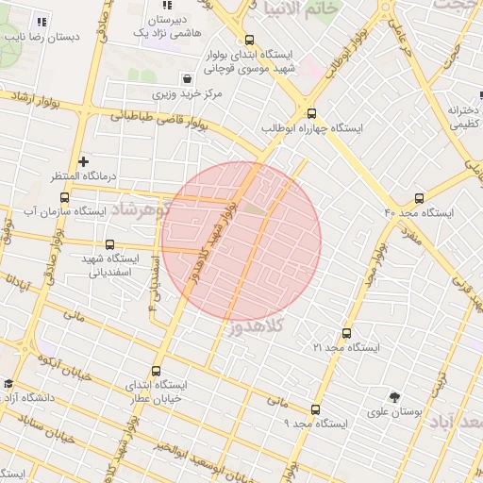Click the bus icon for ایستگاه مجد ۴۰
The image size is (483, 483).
point(420,198)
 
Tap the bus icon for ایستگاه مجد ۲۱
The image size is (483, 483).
point(346,333)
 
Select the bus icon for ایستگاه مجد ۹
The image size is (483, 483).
point(314,409)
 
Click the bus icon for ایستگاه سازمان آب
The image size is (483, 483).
point(64,198)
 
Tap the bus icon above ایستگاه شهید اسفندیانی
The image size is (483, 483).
point(110,243)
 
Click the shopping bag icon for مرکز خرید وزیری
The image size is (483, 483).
point(189,79)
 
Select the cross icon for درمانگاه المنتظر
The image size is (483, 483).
point(84,161)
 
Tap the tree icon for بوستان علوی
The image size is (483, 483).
point(394,397)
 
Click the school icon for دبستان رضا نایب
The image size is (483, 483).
point(41,22)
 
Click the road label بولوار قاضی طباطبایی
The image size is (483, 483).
point(155,121)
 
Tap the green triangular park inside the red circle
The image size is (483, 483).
point(253,208)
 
